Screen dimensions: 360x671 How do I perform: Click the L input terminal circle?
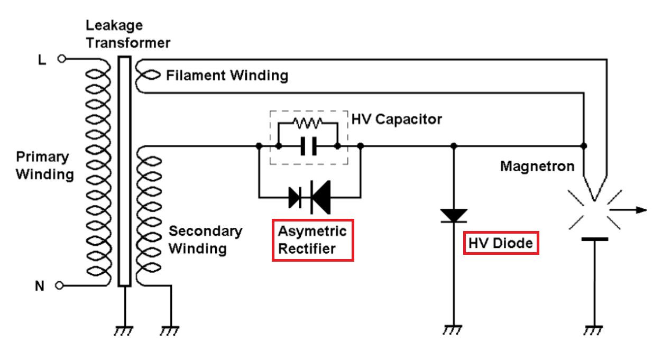coord(61,59)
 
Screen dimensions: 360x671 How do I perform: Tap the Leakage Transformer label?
coord(128,34)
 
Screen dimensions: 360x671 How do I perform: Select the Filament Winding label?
coord(227,76)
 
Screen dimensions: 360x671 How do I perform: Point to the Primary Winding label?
coord(44,165)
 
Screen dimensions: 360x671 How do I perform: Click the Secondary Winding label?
coord(205,239)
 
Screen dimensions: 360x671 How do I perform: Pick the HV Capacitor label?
coord(397,119)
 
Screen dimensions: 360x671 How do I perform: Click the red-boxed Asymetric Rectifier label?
coord(312,239)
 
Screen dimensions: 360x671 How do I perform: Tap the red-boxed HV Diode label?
coord(501,243)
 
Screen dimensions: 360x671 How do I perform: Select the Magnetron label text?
coord(537,167)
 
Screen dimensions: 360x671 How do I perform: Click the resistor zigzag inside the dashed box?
coord(308,124)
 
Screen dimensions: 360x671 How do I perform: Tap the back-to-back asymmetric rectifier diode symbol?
coord(310,197)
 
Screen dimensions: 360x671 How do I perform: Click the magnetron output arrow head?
coord(641,210)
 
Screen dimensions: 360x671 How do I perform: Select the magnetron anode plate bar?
coord(594,239)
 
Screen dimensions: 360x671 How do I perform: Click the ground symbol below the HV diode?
coord(453,329)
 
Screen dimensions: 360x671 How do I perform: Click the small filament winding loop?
coord(147,76)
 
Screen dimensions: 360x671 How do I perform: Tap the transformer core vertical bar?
coord(124,172)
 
